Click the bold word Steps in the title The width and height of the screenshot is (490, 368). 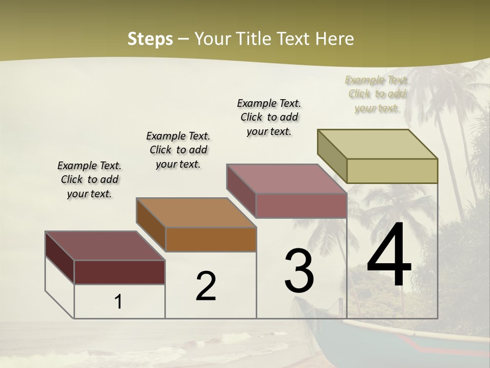point(150,39)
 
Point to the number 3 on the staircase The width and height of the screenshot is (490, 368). point(299,271)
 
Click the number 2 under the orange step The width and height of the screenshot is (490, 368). point(206,286)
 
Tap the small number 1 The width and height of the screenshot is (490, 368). point(118,302)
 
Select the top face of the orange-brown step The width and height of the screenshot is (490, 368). point(197,213)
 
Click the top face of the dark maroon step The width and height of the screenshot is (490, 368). point(105,246)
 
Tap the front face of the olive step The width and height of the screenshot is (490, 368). point(392,171)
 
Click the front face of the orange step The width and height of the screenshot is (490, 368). point(211,239)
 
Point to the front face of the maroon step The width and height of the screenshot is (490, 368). point(119,272)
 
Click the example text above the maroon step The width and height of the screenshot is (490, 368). point(89,179)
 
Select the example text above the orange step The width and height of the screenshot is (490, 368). point(178,150)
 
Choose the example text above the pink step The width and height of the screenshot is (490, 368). point(269,117)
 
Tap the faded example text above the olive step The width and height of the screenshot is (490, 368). point(377,94)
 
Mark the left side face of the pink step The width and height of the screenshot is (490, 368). point(241,191)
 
